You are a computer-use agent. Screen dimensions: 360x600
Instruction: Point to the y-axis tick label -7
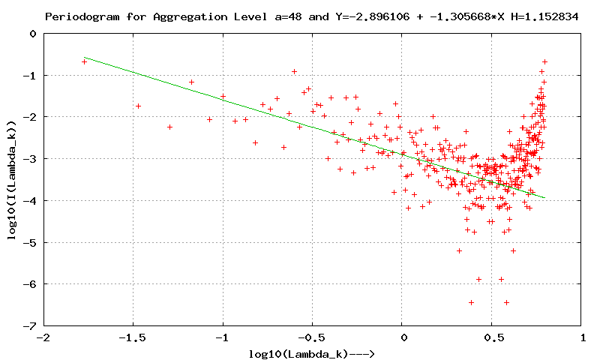pos(31,326)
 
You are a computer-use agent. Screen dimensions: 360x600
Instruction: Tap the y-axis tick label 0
pos(33,34)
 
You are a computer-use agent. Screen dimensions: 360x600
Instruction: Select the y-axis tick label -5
pos(31,242)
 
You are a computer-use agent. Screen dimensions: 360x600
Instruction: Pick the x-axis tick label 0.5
pos(492,338)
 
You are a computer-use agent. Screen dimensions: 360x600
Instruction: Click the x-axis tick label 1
pos(582,338)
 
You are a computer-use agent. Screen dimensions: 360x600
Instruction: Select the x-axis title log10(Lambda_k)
pos(315,353)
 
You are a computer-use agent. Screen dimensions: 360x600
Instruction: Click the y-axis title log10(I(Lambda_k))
pos(11,180)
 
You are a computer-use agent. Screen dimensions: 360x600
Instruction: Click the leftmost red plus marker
pos(84,61)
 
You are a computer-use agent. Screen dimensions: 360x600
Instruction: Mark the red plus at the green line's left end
pos(84,61)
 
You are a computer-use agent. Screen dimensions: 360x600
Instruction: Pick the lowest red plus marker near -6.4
pos(471,302)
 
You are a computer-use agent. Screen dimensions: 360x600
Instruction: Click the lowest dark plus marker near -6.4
pos(507,302)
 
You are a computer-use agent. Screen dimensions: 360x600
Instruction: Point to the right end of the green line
pos(544,198)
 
